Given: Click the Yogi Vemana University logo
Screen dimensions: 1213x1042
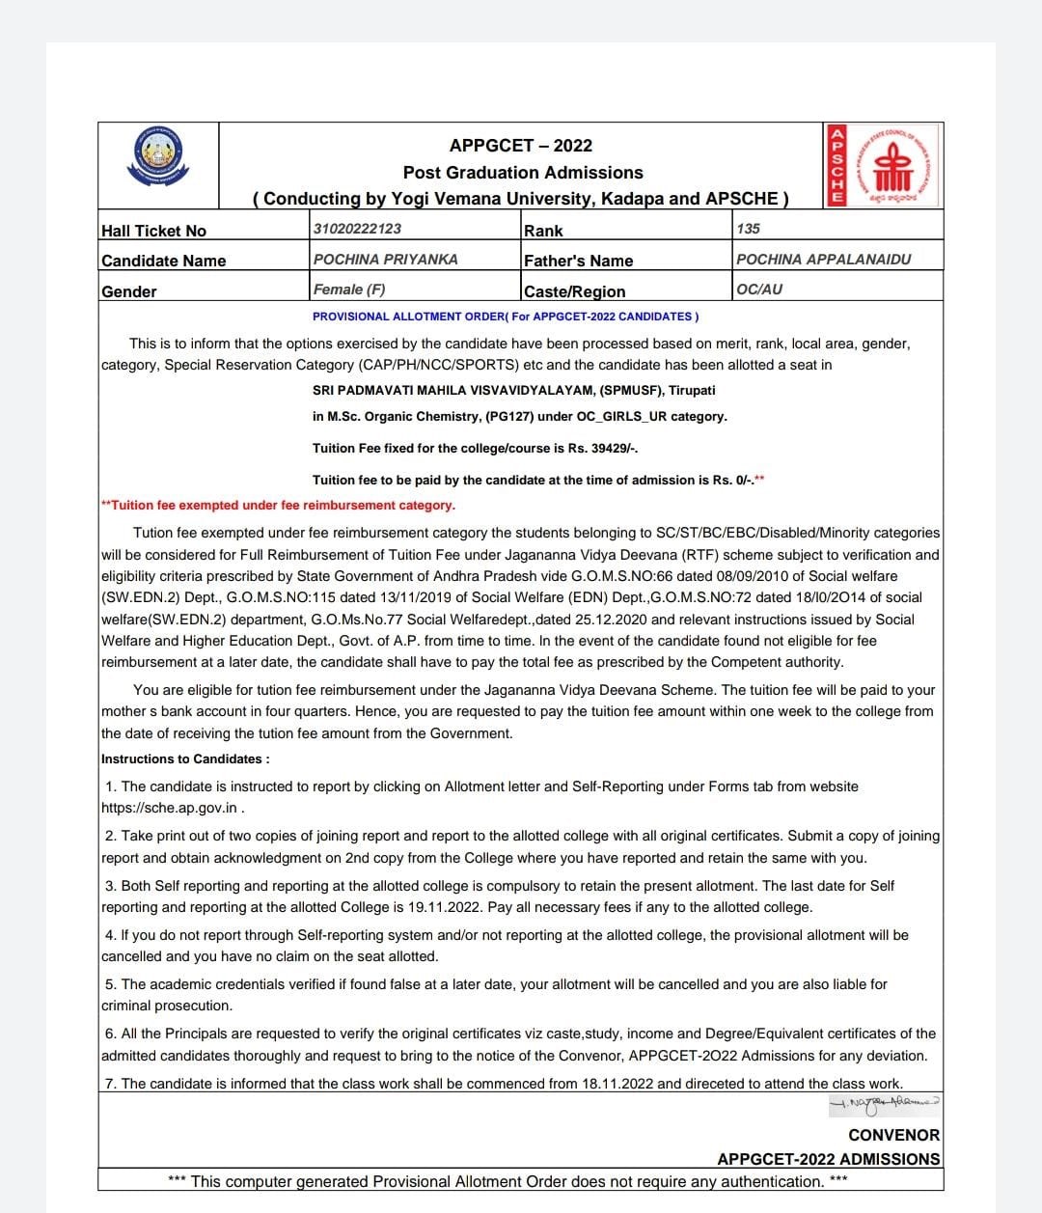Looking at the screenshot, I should tap(159, 158).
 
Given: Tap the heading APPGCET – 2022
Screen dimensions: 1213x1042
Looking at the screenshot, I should tap(521, 146).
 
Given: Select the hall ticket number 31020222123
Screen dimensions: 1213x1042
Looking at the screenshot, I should tap(357, 229).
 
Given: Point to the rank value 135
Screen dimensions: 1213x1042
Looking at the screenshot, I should tap(748, 229).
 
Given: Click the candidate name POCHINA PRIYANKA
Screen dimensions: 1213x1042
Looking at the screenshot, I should tap(386, 260).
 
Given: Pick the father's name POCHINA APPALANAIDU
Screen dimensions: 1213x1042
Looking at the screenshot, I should tap(823, 260).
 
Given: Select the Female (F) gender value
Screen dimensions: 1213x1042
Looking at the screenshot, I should tap(349, 289).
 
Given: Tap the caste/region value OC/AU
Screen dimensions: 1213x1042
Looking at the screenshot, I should tap(759, 289).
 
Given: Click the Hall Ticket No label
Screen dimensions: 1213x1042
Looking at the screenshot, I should tap(153, 231).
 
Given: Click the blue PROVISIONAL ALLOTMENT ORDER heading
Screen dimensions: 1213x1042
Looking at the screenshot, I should tap(506, 317).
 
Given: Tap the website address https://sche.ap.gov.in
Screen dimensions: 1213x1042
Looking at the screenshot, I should tap(170, 809).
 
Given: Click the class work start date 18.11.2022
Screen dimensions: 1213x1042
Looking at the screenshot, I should tap(617, 1084).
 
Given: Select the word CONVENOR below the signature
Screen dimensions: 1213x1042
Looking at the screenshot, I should tap(893, 1136).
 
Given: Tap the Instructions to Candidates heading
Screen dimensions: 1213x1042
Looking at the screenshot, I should tap(185, 759).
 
